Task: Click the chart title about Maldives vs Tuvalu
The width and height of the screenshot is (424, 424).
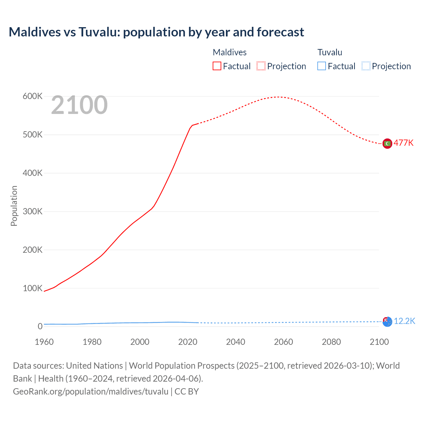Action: tap(156, 32)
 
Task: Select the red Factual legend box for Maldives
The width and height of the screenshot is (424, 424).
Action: tap(217, 66)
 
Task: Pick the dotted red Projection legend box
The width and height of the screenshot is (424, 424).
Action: tap(261, 66)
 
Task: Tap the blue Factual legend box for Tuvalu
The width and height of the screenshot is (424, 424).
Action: tap(322, 66)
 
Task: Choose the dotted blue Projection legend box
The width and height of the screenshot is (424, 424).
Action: tap(366, 66)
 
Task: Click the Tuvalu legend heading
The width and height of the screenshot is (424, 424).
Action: tap(330, 52)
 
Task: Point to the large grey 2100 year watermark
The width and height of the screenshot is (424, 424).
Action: tap(79, 105)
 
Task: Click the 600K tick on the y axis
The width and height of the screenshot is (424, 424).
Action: tap(32, 96)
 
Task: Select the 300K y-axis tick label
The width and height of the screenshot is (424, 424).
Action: tap(32, 211)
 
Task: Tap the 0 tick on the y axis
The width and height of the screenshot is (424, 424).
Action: tap(40, 326)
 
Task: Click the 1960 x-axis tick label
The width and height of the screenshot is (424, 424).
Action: tap(44, 342)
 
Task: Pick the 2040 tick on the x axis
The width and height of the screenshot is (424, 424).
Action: tap(236, 342)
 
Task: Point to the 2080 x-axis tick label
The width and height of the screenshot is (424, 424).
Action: tap(331, 342)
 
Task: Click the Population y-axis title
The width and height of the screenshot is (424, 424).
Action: tap(14, 206)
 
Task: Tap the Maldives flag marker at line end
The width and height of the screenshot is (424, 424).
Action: tap(387, 143)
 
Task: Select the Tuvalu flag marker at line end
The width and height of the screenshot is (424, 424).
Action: tap(387, 321)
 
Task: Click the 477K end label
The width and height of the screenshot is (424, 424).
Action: tap(403, 143)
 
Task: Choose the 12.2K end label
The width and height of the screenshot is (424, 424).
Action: tap(404, 321)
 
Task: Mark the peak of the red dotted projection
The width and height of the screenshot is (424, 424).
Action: tap(278, 97)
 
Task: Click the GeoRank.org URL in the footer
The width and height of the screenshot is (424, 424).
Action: tap(90, 391)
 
